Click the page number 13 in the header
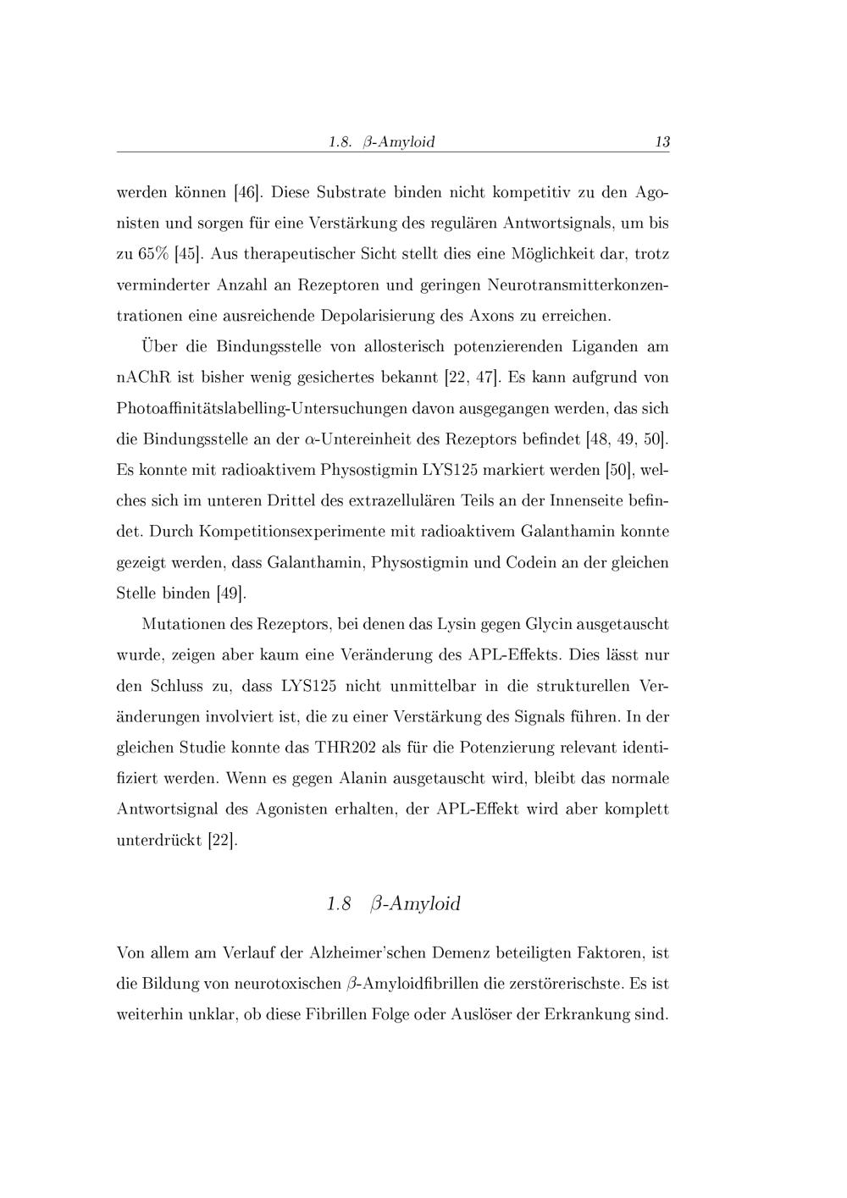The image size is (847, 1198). [x=662, y=142]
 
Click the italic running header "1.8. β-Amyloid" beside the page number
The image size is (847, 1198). [x=381, y=142]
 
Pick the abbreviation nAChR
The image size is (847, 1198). [x=139, y=377]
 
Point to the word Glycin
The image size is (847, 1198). [x=551, y=625]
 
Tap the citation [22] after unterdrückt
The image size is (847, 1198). [x=223, y=841]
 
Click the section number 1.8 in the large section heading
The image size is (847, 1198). [x=338, y=904]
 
